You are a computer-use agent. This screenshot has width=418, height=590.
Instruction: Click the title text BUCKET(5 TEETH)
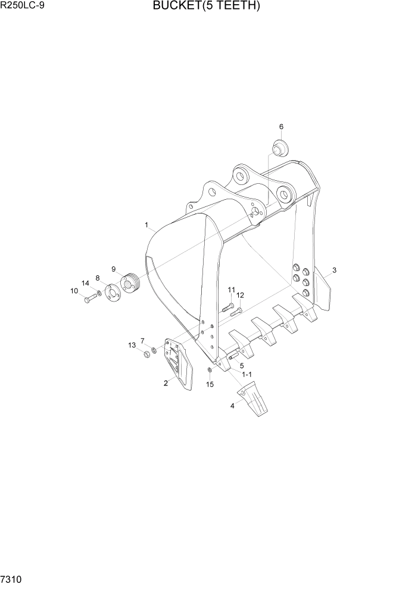[x=206, y=7]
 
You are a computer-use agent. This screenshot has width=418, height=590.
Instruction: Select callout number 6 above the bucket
[x=282, y=127]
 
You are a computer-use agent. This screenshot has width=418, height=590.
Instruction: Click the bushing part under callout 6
[x=280, y=145]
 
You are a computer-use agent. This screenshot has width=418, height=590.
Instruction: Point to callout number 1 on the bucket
[x=146, y=225]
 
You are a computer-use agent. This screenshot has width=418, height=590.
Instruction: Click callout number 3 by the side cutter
[x=335, y=271]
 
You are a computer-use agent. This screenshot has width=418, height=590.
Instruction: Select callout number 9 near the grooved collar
[x=113, y=269]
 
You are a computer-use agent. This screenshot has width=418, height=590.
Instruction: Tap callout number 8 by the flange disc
[x=98, y=277]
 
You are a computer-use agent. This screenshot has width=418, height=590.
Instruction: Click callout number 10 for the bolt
[x=74, y=291]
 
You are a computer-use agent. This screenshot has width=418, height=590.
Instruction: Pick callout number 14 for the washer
[x=85, y=283]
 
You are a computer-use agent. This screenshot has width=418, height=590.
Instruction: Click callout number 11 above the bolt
[x=231, y=290]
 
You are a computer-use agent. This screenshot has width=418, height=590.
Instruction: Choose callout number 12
[x=240, y=295]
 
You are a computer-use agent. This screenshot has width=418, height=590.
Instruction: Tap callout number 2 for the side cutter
[x=165, y=383]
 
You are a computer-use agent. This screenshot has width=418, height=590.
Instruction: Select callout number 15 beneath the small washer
[x=210, y=384]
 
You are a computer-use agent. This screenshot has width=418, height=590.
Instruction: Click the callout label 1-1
[x=247, y=374]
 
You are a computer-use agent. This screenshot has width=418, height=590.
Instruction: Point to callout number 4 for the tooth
[x=233, y=406]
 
